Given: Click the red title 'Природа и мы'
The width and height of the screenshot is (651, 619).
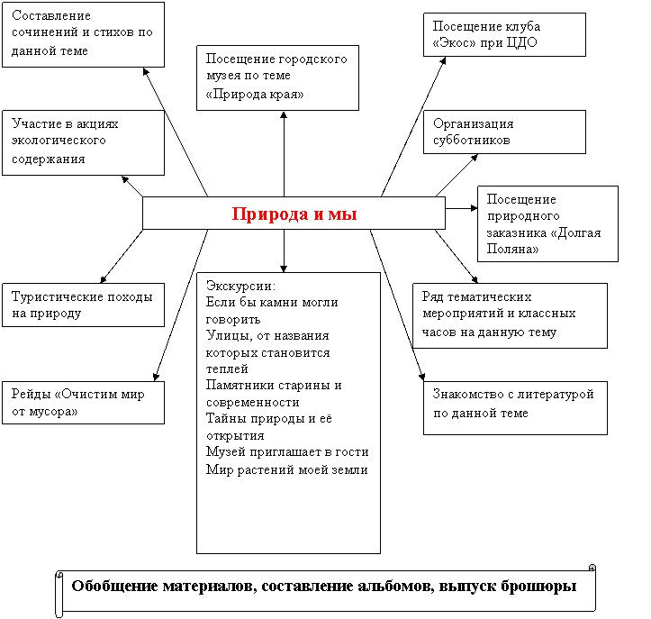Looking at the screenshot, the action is click(x=294, y=214).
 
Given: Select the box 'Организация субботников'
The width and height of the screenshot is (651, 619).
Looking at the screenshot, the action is click(x=504, y=132).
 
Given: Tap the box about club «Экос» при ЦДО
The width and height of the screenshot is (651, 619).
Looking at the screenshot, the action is click(x=504, y=34).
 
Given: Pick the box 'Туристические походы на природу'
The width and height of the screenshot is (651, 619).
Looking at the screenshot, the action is click(x=83, y=305).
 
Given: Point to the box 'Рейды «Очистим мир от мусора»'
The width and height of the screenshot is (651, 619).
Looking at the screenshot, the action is click(x=83, y=403).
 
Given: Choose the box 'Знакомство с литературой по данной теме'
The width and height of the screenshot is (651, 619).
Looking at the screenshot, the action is click(x=515, y=408).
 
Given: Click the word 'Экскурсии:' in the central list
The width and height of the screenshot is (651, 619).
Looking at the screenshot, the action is click(x=240, y=286).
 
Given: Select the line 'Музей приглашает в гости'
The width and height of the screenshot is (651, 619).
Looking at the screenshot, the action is click(x=287, y=452).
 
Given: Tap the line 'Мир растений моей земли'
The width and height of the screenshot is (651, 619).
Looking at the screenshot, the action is click(x=287, y=469).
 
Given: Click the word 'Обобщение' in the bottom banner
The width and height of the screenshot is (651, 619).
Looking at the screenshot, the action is click(x=113, y=587).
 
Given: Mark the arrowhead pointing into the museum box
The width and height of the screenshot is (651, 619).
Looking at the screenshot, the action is click(x=284, y=115).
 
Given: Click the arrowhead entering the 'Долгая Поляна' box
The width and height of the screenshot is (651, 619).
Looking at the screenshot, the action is click(x=474, y=208).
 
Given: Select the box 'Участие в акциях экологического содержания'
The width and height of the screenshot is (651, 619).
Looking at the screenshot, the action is click(x=83, y=142).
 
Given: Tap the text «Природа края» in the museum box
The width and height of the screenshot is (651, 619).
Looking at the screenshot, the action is click(x=255, y=95).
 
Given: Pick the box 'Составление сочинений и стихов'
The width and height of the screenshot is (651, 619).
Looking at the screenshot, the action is click(x=83, y=34).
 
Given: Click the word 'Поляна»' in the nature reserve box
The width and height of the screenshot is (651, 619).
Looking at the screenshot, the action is click(x=512, y=249).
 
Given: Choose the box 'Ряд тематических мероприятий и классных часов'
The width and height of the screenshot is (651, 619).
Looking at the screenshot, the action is click(x=510, y=315).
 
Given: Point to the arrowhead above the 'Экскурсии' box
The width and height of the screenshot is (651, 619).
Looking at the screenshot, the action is click(x=284, y=269).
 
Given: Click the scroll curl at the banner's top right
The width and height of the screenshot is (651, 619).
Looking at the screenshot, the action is click(x=592, y=568).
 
